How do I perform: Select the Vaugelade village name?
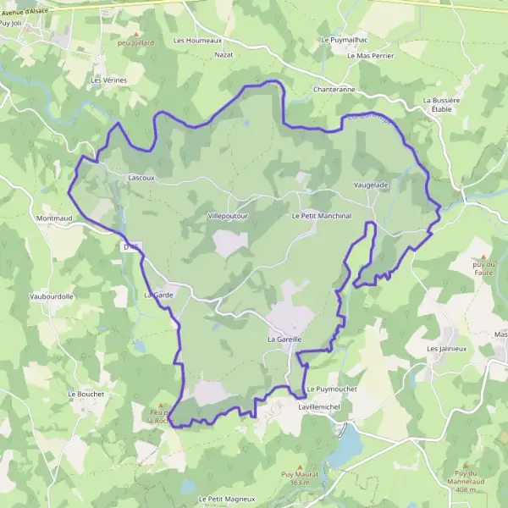click(371, 185)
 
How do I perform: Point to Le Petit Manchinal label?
click(321, 217)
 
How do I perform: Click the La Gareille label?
click(284, 340)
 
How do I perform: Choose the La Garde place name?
click(158, 295)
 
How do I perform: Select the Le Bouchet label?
click(85, 394)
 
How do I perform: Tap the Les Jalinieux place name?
click(446, 349)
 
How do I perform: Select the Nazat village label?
click(224, 54)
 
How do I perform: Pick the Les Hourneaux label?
click(197, 40)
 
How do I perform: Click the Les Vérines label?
click(108, 80)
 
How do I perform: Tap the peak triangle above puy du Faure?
click(483, 256)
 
